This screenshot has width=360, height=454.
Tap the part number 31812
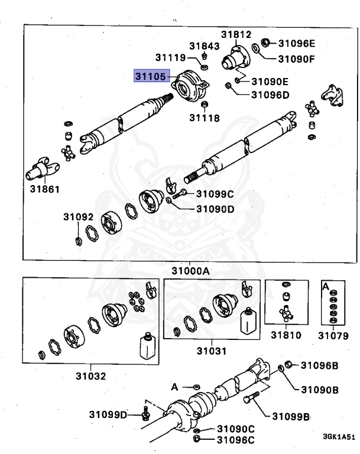(236, 34)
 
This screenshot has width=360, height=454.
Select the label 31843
(205, 46)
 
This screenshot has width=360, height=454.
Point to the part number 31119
(171, 58)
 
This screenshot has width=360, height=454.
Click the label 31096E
(297, 43)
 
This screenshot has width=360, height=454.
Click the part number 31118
(205, 118)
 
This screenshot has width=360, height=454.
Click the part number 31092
(79, 218)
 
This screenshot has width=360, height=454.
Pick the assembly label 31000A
(191, 271)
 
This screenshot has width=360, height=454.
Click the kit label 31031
(212, 351)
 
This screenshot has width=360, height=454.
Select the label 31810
(286, 335)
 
